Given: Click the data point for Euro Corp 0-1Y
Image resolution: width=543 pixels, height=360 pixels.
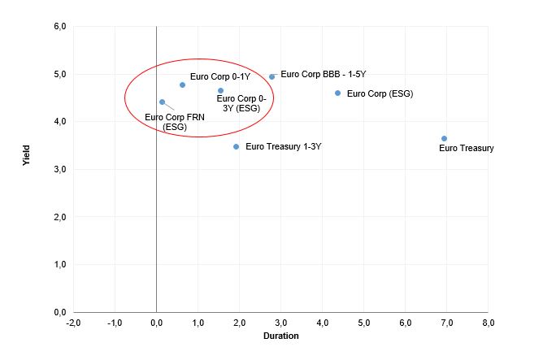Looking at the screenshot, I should [182, 85].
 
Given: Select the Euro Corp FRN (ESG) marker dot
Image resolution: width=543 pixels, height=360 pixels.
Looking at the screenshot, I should [162, 102].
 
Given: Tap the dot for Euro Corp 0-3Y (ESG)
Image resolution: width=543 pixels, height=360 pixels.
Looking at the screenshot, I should [220, 90].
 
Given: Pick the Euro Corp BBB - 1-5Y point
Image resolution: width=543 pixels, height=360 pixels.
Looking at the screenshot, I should [272, 76].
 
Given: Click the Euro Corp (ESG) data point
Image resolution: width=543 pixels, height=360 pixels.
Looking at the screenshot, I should [337, 93].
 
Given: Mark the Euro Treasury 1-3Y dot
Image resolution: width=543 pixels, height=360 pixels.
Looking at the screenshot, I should [236, 146].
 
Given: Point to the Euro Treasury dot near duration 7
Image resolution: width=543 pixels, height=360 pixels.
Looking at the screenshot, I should [444, 138].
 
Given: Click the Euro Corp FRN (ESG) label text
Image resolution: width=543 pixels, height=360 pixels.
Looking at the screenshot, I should [175, 122].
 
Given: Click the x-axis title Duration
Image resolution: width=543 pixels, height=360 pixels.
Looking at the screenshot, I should [280, 336].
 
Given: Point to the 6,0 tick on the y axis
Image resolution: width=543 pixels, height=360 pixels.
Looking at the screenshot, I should [59, 27].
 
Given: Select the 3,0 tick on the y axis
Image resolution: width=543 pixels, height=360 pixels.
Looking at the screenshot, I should [59, 169].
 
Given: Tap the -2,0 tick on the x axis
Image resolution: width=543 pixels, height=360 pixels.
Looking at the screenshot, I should [73, 323].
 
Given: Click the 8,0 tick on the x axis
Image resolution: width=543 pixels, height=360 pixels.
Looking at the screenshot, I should [488, 323].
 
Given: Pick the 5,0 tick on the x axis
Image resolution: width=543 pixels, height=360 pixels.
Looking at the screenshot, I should [363, 323].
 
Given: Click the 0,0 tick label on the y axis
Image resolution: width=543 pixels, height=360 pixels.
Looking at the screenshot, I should [59, 312].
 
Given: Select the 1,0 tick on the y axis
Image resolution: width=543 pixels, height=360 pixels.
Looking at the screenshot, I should [59, 265].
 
